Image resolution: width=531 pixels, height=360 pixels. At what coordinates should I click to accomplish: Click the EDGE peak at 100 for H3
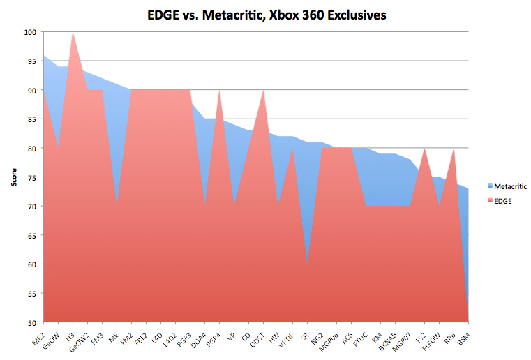[73, 33]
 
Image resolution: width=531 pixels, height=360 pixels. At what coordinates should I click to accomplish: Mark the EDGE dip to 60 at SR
[306, 264]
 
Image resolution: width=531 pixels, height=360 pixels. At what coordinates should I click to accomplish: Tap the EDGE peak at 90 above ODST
[262, 91]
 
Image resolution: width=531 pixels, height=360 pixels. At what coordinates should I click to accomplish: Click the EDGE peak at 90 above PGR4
[219, 91]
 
